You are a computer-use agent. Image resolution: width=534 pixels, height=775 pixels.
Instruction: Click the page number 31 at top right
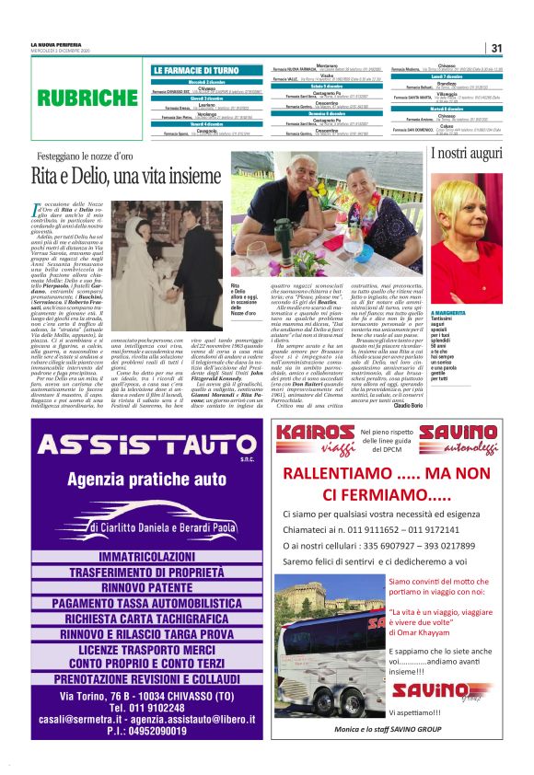coord(495,48)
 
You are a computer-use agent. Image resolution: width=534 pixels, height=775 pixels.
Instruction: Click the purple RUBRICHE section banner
coord(86,97)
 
